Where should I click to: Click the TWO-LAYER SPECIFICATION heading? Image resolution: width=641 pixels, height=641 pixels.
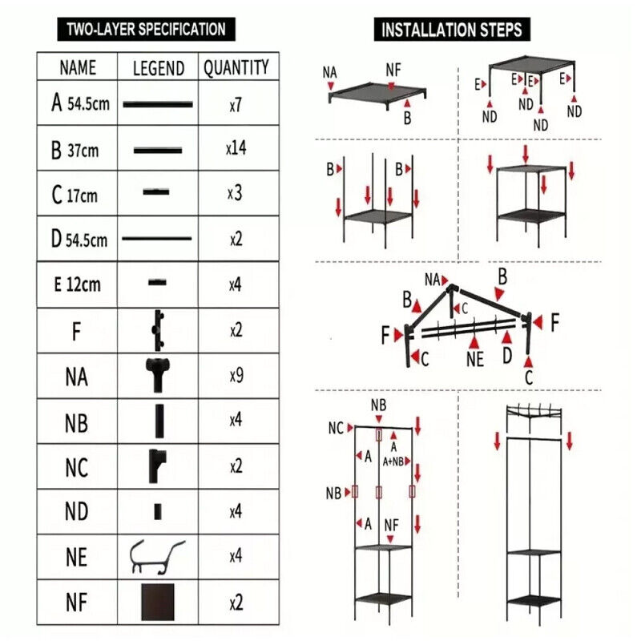pyautogui.click(x=146, y=30)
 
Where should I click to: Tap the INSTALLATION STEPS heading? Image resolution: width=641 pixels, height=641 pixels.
pyautogui.click(x=452, y=30)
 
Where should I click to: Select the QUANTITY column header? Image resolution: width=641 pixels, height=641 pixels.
pyautogui.click(x=236, y=67)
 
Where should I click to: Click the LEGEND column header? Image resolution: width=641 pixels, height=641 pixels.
pyautogui.click(x=158, y=68)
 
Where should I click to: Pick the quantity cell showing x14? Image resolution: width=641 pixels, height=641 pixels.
pyautogui.click(x=236, y=149)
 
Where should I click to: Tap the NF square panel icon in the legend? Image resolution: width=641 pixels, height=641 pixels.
pyautogui.click(x=158, y=602)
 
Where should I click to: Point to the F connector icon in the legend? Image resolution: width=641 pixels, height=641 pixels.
pyautogui.click(x=158, y=329)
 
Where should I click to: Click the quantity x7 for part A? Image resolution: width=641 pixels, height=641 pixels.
pyautogui.click(x=235, y=105)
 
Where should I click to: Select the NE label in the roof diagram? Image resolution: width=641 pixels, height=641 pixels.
pyautogui.click(x=475, y=359)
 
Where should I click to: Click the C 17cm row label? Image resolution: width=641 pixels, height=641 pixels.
pyautogui.click(x=75, y=195)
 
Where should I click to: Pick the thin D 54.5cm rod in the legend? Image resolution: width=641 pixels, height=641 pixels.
pyautogui.click(x=157, y=238)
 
